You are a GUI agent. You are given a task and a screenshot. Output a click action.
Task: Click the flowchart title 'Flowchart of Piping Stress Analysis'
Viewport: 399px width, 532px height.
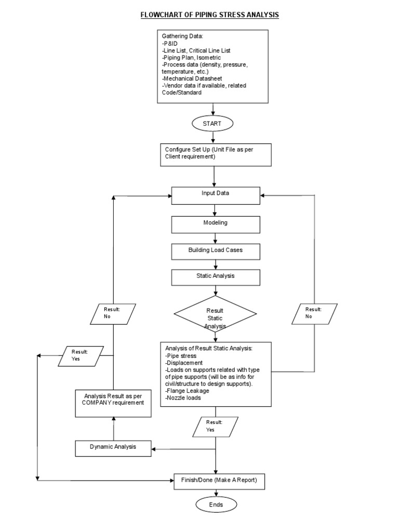[x=209, y=15]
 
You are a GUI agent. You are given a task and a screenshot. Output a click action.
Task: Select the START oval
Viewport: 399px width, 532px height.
[x=212, y=124]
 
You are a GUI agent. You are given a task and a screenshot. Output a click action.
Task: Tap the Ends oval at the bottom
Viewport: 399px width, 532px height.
[x=215, y=504]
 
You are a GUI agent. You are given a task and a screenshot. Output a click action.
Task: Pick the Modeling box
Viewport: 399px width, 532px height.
[x=215, y=223]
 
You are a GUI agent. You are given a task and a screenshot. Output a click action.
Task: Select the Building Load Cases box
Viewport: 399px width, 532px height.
[x=215, y=250]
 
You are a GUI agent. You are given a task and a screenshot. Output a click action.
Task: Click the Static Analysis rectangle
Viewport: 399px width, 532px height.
[x=215, y=277]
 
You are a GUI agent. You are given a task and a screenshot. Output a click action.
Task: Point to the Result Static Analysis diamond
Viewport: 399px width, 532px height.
[x=215, y=314]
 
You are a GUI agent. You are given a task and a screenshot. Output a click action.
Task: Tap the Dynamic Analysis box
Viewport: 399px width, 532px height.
[x=113, y=448]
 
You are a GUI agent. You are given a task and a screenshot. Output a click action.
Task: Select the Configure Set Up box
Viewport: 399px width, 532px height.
[x=215, y=153]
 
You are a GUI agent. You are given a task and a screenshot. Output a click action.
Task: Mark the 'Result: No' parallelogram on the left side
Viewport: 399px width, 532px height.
[x=112, y=313]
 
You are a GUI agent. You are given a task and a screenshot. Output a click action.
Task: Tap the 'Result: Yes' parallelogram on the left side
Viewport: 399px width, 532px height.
[x=81, y=356]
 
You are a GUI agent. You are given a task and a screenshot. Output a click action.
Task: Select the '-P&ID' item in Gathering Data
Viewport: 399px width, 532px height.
[x=170, y=44]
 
